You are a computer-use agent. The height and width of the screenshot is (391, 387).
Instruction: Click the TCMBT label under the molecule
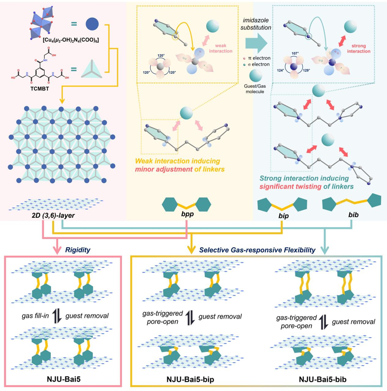pyautogui.click(x=40, y=88)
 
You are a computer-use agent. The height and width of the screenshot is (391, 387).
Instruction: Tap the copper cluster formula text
pyautogui.click(x=71, y=40)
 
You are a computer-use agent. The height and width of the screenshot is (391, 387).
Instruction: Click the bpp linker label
pyautogui.click(x=187, y=215)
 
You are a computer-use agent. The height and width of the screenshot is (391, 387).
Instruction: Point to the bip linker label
pyautogui.click(x=283, y=215)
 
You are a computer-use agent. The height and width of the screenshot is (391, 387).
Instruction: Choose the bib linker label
pyautogui.click(x=353, y=215)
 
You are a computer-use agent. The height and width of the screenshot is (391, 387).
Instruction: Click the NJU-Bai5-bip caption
pyautogui.click(x=190, y=379)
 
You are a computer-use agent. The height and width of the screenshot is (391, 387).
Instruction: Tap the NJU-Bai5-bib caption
pyautogui.click(x=322, y=379)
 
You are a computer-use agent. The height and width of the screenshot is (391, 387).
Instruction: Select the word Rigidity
pyautogui.click(x=78, y=250)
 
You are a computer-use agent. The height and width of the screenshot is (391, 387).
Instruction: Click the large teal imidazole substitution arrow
pyautogui.click(x=257, y=43)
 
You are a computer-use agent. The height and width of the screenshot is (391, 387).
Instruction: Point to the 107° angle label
pyautogui.click(x=295, y=53)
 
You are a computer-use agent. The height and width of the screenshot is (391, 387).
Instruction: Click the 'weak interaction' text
pyautogui.click(x=221, y=48)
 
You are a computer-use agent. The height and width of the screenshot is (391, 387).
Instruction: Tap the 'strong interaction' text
pyautogui.click(x=359, y=49)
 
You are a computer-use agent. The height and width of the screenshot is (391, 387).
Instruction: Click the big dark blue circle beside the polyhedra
pyautogui.click(x=92, y=24)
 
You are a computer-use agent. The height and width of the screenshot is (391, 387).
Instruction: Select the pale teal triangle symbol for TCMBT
pyautogui.click(x=91, y=69)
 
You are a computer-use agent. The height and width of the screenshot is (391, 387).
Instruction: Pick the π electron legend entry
pyautogui.click(x=257, y=58)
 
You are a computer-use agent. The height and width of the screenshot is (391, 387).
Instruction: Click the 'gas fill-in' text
pyautogui.click(x=35, y=316)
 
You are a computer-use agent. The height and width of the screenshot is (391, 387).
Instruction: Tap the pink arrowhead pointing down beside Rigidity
pyautogui.click(x=57, y=250)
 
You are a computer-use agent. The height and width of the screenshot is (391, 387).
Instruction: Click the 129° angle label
pyautogui.click(x=306, y=70)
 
